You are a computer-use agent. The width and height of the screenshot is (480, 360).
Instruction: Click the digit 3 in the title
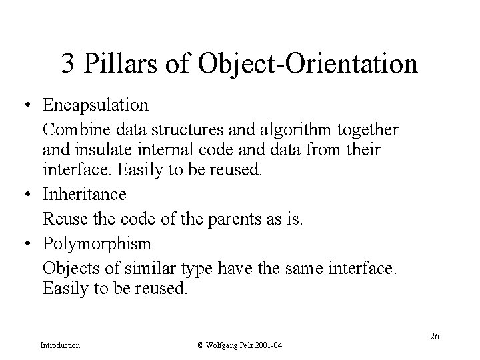[67, 64]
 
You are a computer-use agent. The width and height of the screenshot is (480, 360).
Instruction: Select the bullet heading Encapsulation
[95, 105]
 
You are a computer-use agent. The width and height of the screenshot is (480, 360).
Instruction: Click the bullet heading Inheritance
[84, 195]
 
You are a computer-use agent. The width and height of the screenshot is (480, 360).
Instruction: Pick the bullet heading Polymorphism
[97, 243]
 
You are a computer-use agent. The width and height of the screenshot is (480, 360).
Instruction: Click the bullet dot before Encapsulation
[25, 105]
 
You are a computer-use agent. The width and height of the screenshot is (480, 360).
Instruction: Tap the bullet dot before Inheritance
[25, 195]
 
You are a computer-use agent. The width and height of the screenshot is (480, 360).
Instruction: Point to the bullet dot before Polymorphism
[25, 243]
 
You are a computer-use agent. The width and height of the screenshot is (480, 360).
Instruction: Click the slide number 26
[434, 336]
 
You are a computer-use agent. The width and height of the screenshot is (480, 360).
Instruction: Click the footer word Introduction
[60, 345]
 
